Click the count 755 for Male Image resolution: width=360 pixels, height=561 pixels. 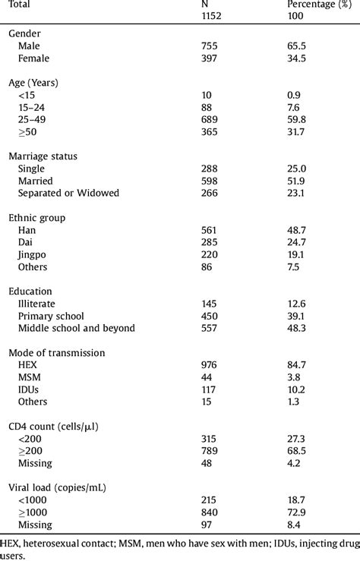click(x=199, y=47)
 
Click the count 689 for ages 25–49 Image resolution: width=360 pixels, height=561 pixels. click(x=199, y=120)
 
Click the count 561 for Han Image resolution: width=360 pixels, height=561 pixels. click(x=199, y=229)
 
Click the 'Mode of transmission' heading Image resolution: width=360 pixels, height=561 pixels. click(x=55, y=352)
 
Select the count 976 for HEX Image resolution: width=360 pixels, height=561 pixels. click(x=199, y=364)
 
